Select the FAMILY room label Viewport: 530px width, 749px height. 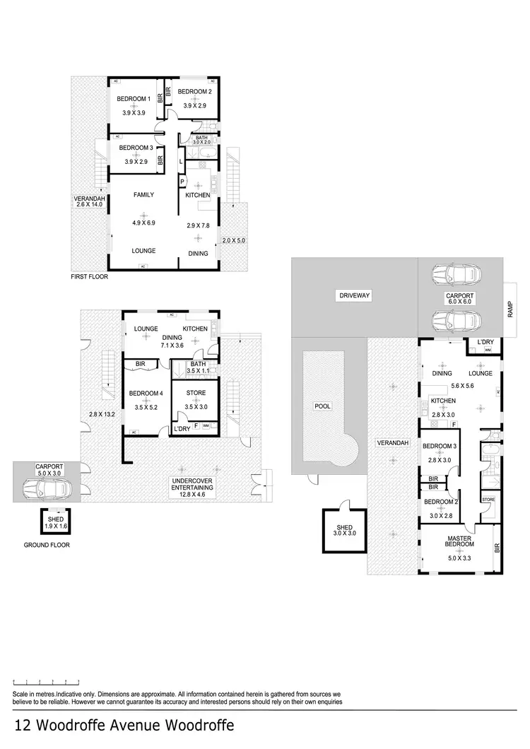(143, 195)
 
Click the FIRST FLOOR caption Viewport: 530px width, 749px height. (88, 277)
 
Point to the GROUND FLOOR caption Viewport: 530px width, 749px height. (47, 545)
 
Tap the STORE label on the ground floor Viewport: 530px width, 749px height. (196, 393)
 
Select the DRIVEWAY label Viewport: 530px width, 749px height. (355, 295)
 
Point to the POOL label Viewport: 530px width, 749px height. (323, 406)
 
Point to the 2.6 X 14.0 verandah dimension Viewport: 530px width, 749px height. (89, 206)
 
